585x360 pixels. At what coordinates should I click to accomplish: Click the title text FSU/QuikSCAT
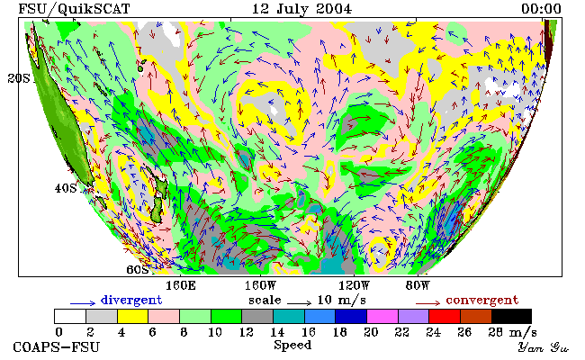[x=74, y=9]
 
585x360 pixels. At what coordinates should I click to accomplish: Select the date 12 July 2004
[x=301, y=8]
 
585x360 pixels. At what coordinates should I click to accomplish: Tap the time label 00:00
[x=541, y=8]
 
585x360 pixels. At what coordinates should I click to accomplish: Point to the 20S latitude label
[x=19, y=78]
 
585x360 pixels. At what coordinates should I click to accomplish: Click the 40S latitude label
[x=66, y=188]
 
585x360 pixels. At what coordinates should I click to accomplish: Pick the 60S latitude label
[x=138, y=269]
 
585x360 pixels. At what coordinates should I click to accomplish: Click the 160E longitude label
[x=181, y=286]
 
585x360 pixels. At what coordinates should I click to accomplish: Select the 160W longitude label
[x=260, y=286]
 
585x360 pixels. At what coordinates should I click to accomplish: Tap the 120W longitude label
[x=354, y=286]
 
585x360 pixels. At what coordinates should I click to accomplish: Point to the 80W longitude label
[x=418, y=286]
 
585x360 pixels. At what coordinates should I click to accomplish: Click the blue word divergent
[x=131, y=300]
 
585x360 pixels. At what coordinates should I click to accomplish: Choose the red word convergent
[x=482, y=300]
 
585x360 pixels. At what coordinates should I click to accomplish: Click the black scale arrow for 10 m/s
[x=299, y=303]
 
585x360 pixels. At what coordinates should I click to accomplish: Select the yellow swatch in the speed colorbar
[x=133, y=316]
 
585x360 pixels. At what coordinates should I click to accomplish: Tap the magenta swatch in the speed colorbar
[x=382, y=316]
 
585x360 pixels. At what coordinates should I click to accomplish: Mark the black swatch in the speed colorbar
[x=511, y=316]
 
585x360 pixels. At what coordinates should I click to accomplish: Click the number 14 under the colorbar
[x=277, y=331]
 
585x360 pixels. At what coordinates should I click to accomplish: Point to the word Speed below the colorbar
[x=292, y=345]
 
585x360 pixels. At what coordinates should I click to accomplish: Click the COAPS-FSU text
[x=57, y=346]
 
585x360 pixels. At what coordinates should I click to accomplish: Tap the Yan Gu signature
[x=543, y=347]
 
